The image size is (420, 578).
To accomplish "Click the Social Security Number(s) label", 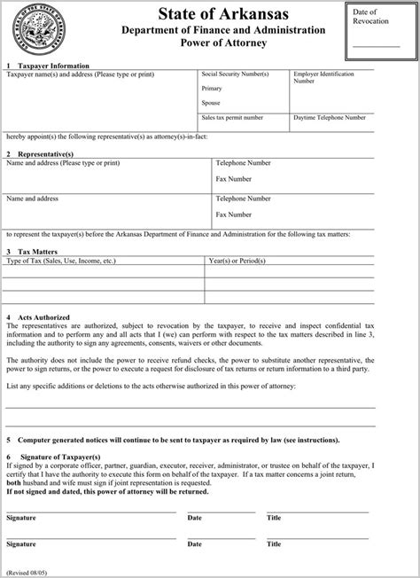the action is [x=235, y=76].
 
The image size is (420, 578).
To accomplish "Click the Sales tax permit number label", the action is [x=233, y=117].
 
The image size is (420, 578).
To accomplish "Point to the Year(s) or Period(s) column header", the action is [x=244, y=262].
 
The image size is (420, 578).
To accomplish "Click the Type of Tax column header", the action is [x=61, y=262].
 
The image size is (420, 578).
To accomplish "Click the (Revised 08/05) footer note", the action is [x=27, y=572].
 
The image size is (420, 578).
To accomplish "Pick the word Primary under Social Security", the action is [x=213, y=90].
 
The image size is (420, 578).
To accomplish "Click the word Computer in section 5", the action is [x=36, y=439].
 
